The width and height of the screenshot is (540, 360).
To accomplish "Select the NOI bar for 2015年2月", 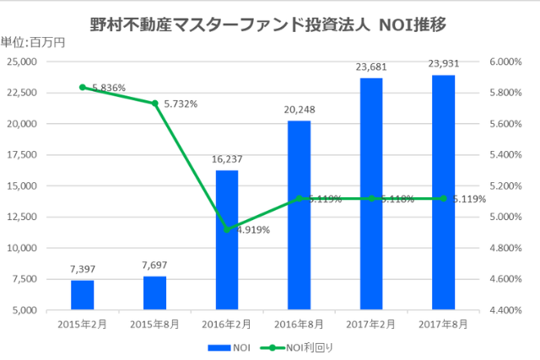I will pos(82,295).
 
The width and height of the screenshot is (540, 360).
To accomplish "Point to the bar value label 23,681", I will pos(371,66).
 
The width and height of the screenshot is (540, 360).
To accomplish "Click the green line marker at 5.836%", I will pos(82,87).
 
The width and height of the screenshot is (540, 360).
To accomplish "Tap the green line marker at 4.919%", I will pos(227,228).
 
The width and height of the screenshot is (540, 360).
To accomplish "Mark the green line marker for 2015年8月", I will pos(154,103).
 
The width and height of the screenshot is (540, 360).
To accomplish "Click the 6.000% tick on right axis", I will pos(505,62).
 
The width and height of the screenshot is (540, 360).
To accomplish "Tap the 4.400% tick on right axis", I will pos(505,310).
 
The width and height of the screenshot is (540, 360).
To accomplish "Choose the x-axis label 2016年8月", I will pos(299,323).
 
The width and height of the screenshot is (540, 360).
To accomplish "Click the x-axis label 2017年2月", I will pos(371,323).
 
